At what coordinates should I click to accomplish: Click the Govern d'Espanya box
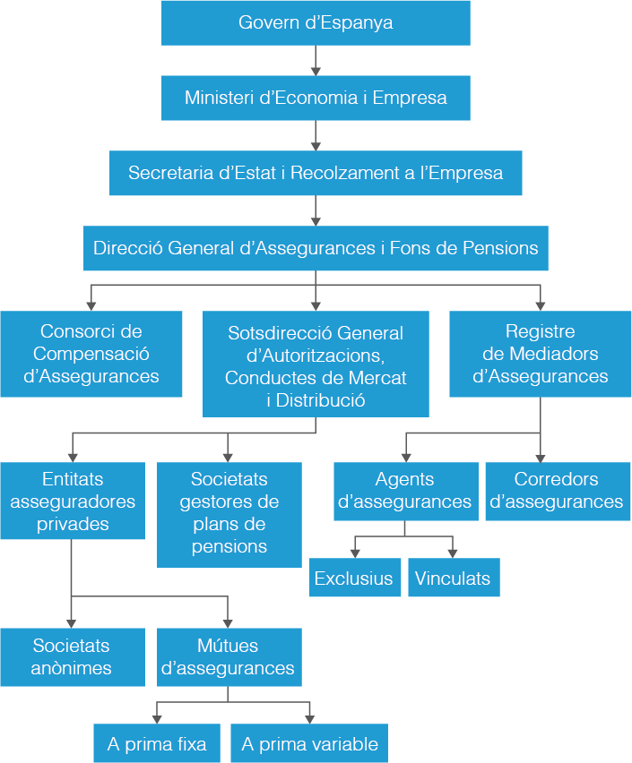click(316, 22)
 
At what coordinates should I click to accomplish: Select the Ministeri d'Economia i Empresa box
click(316, 98)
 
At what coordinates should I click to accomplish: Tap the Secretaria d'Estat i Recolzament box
click(316, 173)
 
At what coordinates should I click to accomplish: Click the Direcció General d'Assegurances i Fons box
click(316, 248)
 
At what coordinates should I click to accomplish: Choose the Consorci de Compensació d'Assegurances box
click(91, 354)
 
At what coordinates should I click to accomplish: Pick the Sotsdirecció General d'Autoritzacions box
click(316, 364)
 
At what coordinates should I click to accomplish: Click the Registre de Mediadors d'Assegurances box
click(540, 354)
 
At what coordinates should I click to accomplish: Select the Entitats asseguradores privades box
click(72, 501)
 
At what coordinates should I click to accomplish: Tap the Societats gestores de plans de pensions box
click(229, 514)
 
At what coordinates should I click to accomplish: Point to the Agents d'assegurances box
click(404, 491)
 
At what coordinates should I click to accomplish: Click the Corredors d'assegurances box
click(558, 491)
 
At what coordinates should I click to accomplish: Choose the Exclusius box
click(353, 578)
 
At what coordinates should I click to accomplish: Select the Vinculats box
click(453, 578)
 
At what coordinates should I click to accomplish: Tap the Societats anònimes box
click(72, 656)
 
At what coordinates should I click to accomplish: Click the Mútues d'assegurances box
click(229, 656)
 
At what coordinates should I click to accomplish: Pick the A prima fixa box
click(157, 743)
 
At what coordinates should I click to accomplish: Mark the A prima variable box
click(309, 743)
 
